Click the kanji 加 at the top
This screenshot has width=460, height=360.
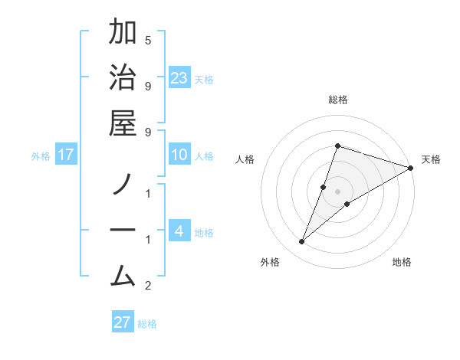tap(123, 34)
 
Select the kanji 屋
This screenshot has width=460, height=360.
tap(123, 124)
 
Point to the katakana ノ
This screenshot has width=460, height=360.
tap(123, 185)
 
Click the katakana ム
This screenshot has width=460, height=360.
tap(123, 274)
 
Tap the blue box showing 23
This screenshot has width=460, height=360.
tap(179, 78)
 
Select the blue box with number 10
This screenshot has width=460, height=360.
tap(179, 155)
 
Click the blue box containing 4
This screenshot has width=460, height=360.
tap(179, 231)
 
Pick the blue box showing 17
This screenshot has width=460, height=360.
tap(67, 155)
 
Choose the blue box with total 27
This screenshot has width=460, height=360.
tap(123, 322)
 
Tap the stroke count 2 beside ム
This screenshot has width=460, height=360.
tap(148, 286)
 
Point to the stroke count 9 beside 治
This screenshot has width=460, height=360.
tap(148, 86)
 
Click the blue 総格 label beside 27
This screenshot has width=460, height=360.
tap(147, 323)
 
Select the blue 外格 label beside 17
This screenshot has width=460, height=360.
tap(41, 156)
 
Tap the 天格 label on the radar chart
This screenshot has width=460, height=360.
tap(431, 159)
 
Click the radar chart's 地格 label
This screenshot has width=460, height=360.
tap(402, 262)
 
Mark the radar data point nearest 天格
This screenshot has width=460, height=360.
tap(410, 168)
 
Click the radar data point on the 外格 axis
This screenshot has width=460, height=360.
tap(302, 242)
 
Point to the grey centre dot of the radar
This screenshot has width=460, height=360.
tap(338, 191)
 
